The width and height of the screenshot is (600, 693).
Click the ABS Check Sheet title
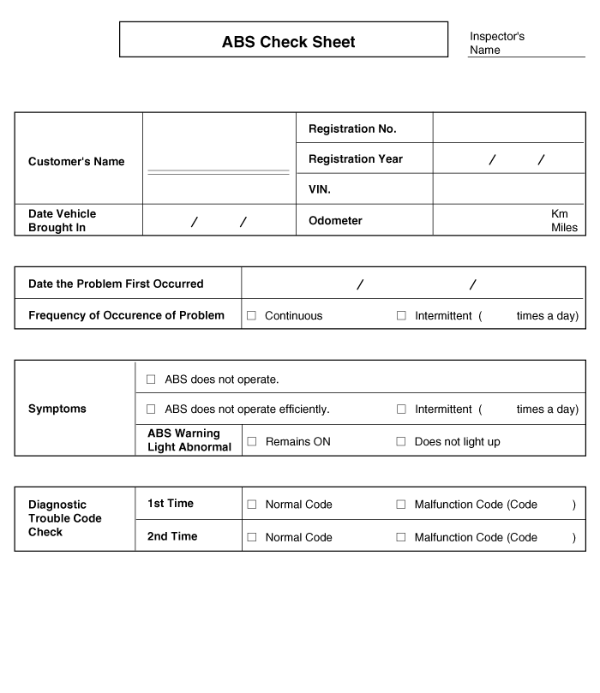pyautogui.click(x=288, y=42)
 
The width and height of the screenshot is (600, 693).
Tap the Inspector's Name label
pyautogui.click(x=497, y=43)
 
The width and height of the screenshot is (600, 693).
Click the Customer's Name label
pyautogui.click(x=76, y=162)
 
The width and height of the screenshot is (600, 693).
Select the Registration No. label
pyautogui.click(x=352, y=128)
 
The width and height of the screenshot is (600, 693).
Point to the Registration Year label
pyautogui.click(x=355, y=159)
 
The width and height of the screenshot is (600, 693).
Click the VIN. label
pyautogui.click(x=320, y=189)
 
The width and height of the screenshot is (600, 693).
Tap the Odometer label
pyautogui.click(x=335, y=221)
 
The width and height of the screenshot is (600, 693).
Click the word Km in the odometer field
pyautogui.click(x=560, y=213)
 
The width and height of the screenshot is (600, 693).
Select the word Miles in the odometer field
pyautogui.click(x=564, y=228)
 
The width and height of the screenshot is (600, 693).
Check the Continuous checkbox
pyautogui.click(x=252, y=316)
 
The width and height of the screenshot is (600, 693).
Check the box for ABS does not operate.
pyautogui.click(x=151, y=379)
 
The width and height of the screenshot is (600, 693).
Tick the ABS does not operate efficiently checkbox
pyautogui.click(x=151, y=409)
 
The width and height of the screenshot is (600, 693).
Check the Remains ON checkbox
pyautogui.click(x=252, y=442)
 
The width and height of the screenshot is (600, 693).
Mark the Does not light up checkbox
pyautogui.click(x=400, y=442)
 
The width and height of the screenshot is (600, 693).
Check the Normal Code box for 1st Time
pyautogui.click(x=252, y=505)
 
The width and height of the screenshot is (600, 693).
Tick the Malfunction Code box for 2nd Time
pyautogui.click(x=400, y=537)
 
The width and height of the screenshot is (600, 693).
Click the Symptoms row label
pyautogui.click(x=57, y=409)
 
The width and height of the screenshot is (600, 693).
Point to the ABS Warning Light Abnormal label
pyautogui.click(x=189, y=440)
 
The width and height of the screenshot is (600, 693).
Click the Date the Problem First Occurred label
pyautogui.click(x=116, y=284)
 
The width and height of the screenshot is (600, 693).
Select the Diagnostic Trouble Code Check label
pyautogui.click(x=65, y=518)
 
